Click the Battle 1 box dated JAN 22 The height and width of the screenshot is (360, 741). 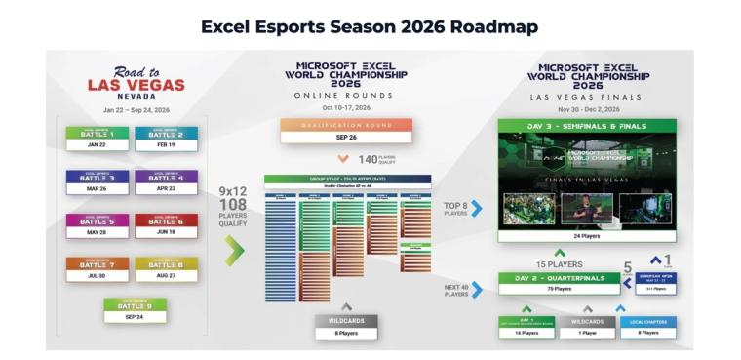tap(97, 139)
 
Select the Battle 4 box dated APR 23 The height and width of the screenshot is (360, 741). tap(166, 182)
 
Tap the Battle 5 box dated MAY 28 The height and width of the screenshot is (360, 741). tap(97, 226)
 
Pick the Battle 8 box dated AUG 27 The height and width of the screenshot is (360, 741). tap(166, 269)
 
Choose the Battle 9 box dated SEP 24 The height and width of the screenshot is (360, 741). tap(135, 310)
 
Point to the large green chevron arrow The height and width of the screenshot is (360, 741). tap(235, 251)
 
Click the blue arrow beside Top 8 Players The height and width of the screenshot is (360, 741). tap(477, 208)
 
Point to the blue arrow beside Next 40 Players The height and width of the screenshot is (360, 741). tap(478, 291)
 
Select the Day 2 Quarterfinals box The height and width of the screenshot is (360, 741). tap(560, 283)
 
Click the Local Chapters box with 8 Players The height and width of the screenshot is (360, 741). tap(647, 327)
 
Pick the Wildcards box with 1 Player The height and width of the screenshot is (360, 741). tap(588, 327)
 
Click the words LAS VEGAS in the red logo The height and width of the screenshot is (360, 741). tap(136, 85)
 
